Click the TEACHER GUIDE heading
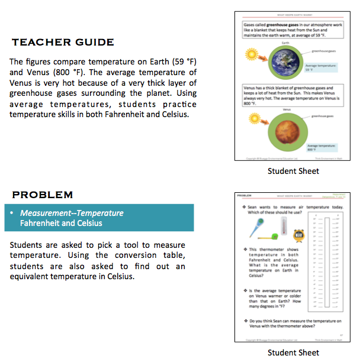[63, 42]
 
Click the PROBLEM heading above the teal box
[43, 195]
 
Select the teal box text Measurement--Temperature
[72, 213]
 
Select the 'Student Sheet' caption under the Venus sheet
[293, 171]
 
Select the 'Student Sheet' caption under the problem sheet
[293, 353]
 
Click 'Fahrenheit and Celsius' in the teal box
[62, 223]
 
